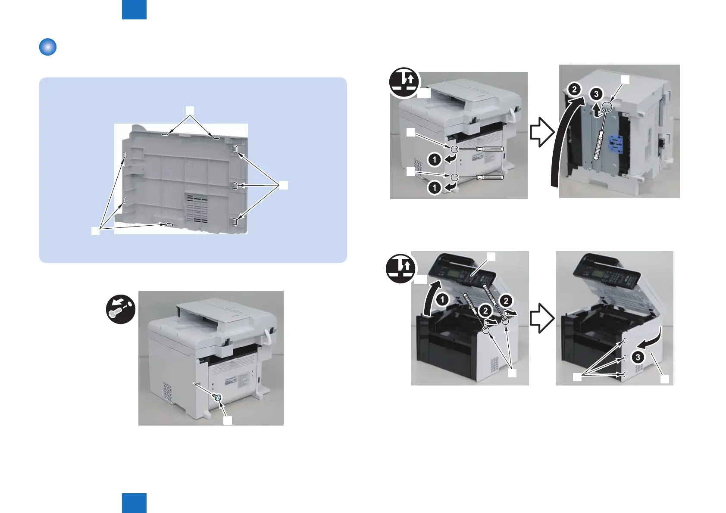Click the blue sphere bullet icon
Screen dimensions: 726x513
click(48, 47)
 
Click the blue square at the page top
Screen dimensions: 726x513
click(134, 9)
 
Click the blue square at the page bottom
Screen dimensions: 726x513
click(134, 503)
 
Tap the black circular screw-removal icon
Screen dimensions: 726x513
click(121, 309)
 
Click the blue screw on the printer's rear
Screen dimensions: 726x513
click(219, 398)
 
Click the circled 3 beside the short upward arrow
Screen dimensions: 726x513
click(596, 94)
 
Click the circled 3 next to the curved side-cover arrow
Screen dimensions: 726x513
click(638, 357)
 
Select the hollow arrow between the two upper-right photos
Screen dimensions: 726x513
click(542, 132)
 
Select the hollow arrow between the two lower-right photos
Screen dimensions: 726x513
click(542, 319)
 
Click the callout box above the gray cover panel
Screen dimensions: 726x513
click(190, 110)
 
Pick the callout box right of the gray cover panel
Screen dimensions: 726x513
click(283, 186)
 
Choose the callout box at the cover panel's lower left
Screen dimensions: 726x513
click(95, 231)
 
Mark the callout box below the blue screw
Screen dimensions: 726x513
click(227, 420)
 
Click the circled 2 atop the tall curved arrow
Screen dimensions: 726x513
click(574, 90)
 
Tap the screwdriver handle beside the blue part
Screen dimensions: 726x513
click(598, 147)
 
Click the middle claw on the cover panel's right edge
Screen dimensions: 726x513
click(235, 185)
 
